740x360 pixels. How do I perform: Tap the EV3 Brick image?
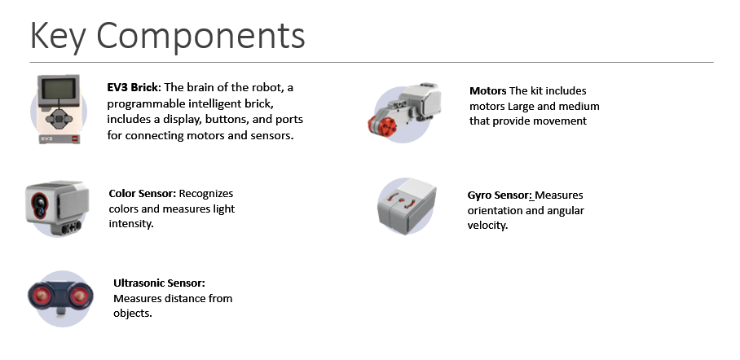click(x=58, y=108)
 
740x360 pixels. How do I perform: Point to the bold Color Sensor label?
click(x=142, y=194)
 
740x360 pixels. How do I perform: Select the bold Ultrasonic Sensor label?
click(x=159, y=283)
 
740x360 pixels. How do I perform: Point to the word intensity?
click(x=130, y=224)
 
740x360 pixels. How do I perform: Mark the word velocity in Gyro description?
click(x=487, y=226)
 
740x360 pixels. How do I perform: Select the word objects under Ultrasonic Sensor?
click(x=132, y=313)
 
